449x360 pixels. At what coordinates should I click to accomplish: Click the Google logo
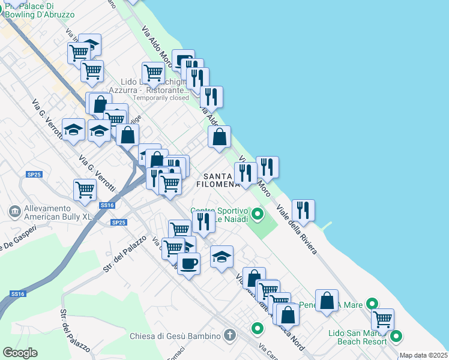(20, 353)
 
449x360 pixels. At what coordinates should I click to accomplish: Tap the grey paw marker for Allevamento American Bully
(13, 211)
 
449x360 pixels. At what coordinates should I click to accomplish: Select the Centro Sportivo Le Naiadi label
(220, 215)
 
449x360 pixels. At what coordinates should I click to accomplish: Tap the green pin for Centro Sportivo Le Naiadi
(258, 213)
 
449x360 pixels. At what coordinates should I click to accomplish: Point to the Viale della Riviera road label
(297, 230)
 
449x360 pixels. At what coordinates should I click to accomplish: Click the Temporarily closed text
(161, 98)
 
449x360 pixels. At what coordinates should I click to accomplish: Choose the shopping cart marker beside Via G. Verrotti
(85, 190)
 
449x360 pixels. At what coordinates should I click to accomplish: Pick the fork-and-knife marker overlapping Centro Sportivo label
(204, 221)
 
